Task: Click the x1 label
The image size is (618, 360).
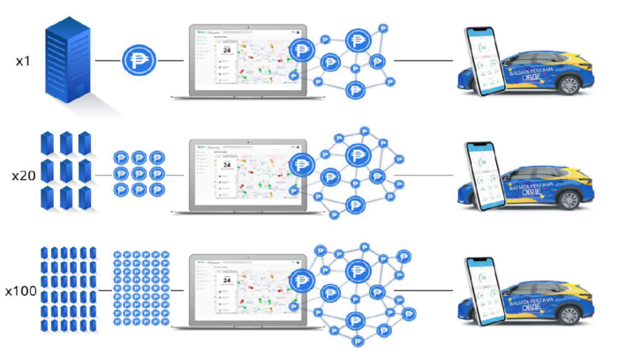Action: (24, 62)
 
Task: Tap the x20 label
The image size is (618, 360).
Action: (23, 176)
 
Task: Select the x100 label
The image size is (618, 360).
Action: (20, 290)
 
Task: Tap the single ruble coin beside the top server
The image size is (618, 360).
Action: (139, 61)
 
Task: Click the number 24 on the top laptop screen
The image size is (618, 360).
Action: (226, 51)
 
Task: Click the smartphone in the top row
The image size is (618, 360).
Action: (483, 63)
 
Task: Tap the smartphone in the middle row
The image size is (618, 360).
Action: (483, 176)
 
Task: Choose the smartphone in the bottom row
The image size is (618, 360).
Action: (483, 290)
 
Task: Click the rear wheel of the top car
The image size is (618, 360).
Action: (569, 86)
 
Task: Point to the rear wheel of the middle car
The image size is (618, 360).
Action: (569, 199)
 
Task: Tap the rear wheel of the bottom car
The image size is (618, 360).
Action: (569, 313)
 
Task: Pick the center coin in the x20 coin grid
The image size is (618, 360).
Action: (139, 174)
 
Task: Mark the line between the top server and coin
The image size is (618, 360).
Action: (109, 61)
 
